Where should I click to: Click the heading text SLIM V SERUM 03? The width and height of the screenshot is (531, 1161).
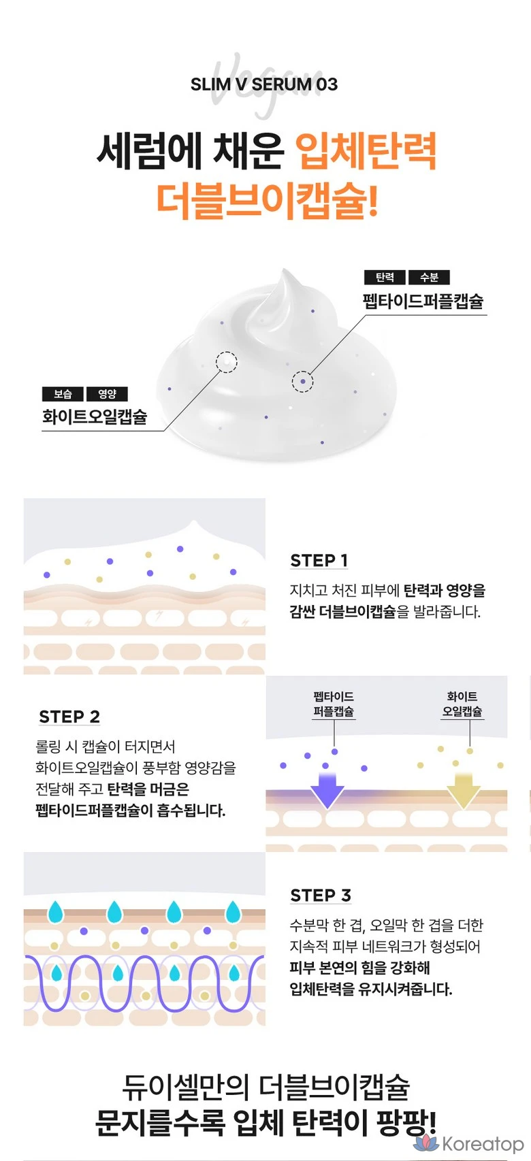coord(264,84)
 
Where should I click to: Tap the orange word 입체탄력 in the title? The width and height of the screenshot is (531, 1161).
coord(366,151)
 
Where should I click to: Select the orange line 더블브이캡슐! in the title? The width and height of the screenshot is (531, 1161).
coord(267,201)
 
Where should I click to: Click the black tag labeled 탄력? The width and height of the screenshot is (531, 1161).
coord(385,278)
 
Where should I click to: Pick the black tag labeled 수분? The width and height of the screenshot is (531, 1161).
coord(429,278)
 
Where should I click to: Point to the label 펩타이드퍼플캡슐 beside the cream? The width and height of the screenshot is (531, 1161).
coord(423,301)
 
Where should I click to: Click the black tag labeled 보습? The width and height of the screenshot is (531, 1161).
coord(63,394)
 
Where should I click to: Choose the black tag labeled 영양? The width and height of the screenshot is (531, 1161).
coord(107,394)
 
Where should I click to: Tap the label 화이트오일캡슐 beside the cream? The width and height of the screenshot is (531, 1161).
coord(95,416)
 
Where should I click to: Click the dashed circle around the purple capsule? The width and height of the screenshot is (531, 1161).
coord(303,382)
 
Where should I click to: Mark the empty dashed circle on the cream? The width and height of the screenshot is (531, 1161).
coord(227,362)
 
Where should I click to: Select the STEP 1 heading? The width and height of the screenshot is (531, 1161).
coord(319,561)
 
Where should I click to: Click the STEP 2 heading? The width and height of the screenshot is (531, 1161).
coord(69,717)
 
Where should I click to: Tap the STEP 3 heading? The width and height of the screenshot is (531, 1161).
coord(321,896)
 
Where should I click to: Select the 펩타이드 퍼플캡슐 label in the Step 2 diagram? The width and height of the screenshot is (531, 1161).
coord(334,704)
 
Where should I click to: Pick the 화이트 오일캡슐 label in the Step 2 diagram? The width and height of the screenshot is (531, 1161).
coord(462,704)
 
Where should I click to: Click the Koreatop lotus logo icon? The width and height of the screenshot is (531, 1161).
coord(426,1143)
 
